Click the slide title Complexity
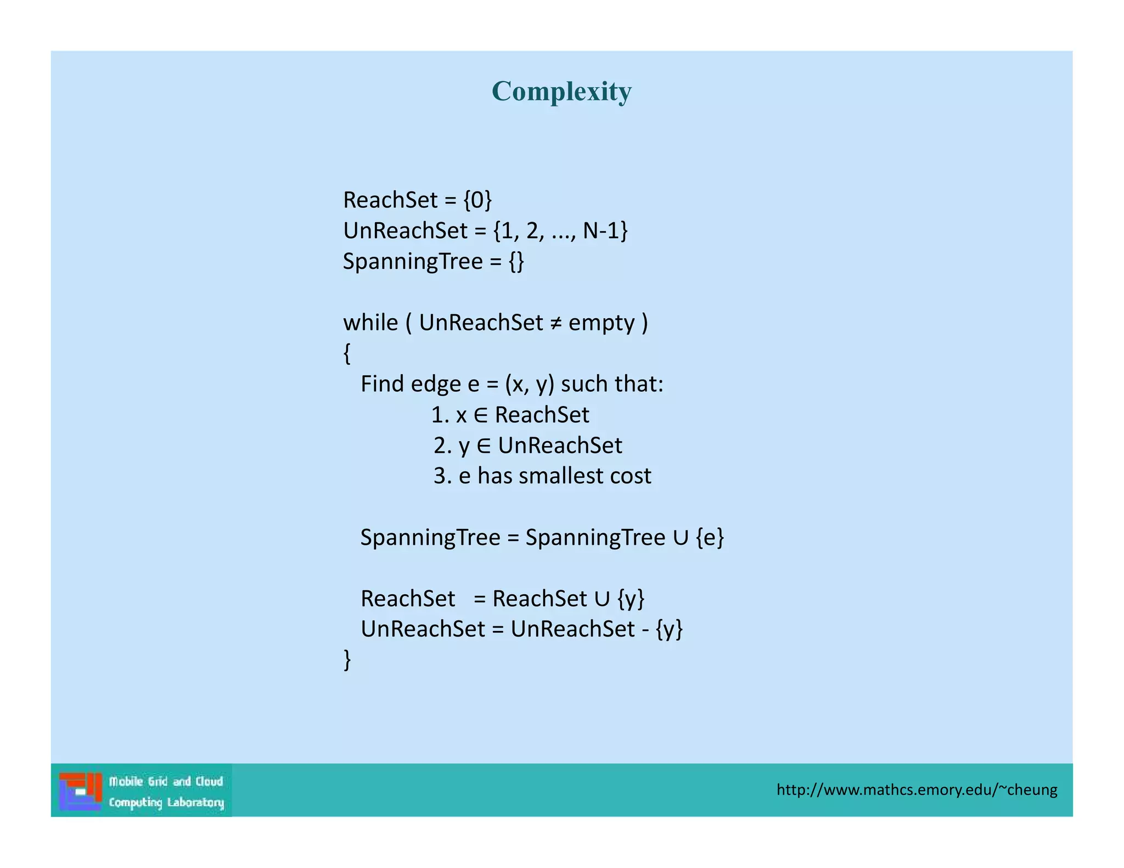[561, 91]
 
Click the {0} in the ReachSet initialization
[477, 200]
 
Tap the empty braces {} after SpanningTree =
[516, 262]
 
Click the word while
[370, 323]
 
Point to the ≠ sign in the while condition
[555, 323]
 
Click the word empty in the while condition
[602, 323]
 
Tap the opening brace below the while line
[347, 353]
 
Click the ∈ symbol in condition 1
[480, 415]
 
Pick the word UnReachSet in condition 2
[560, 446]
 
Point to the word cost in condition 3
[631, 476]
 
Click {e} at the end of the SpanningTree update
[710, 538]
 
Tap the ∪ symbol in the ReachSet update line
[602, 599]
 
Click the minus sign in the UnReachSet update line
[645, 629]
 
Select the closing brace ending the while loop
[347, 660]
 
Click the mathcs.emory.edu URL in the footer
[917, 790]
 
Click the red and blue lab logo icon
[81, 791]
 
